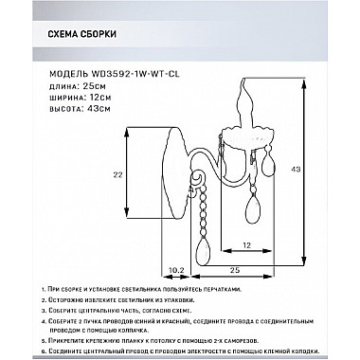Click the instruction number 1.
[x=46, y=297]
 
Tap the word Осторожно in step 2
[x=75, y=310]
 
